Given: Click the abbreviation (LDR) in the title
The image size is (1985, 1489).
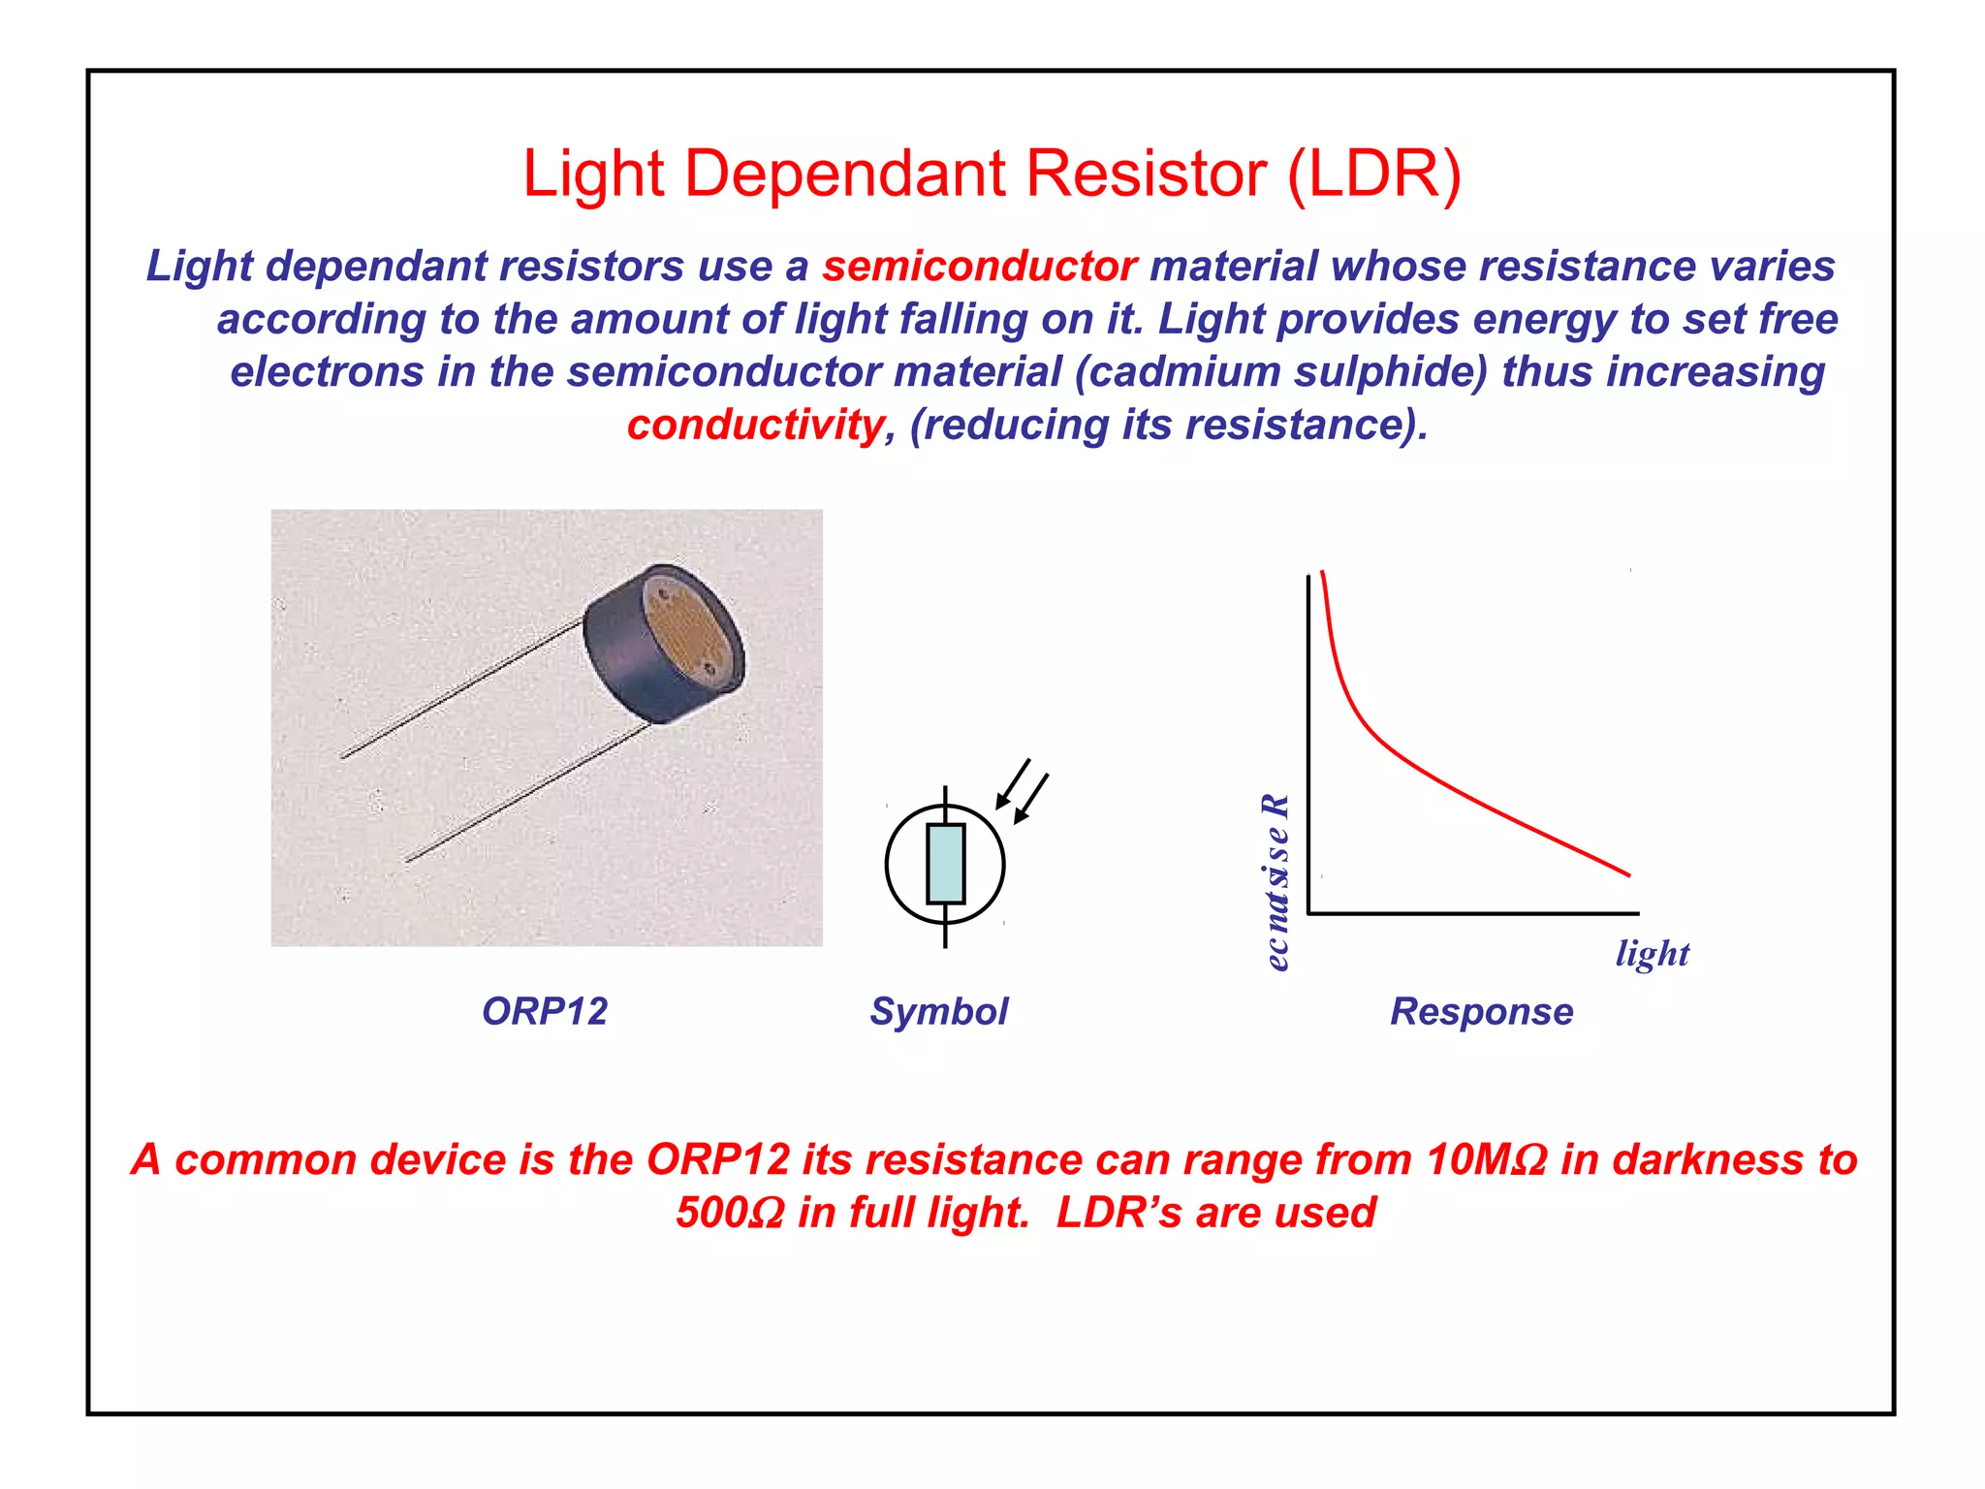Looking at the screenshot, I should (x=1373, y=174).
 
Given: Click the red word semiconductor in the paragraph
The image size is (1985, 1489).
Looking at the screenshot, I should (x=979, y=267).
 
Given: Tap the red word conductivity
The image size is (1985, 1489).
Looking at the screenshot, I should (x=755, y=425).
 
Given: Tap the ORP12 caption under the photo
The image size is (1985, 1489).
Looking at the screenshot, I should (x=545, y=1011).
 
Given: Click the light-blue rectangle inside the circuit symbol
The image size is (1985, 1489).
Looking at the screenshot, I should (x=945, y=863).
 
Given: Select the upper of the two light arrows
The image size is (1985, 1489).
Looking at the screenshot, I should (x=1012, y=784).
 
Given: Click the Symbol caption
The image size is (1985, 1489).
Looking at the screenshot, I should (x=938, y=1011).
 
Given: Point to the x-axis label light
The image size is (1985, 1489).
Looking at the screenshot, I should (x=1652, y=953).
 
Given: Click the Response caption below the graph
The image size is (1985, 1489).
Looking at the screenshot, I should (x=1481, y=1011).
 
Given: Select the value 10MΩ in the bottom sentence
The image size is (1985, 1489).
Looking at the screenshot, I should (x=1486, y=1159).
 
